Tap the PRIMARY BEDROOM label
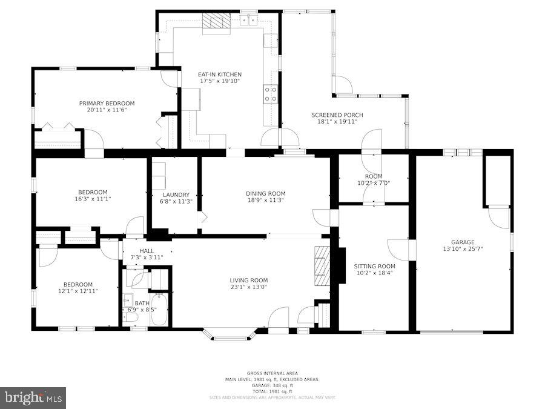[107, 104]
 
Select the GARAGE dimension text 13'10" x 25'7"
[463, 248]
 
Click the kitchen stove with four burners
[270, 94]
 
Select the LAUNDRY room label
[176, 195]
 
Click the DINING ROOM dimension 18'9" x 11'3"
[265, 200]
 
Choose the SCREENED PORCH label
[334, 115]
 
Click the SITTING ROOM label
[374, 266]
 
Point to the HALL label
[147, 250]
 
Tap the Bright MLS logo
[33, 398]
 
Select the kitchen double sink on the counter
[248, 20]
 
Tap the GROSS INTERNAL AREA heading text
[272, 373]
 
